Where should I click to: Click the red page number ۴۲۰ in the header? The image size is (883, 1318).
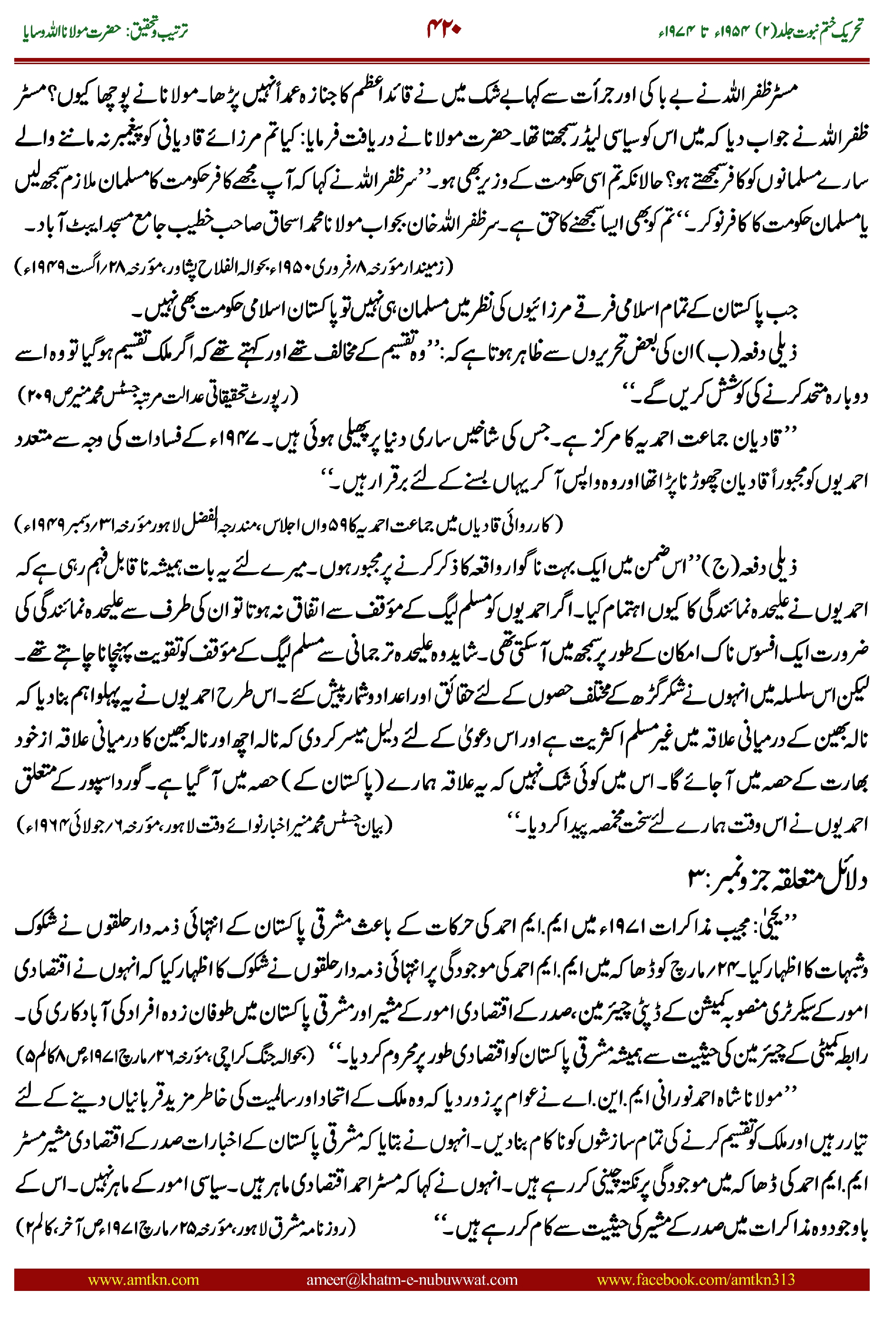[x=444, y=29]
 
